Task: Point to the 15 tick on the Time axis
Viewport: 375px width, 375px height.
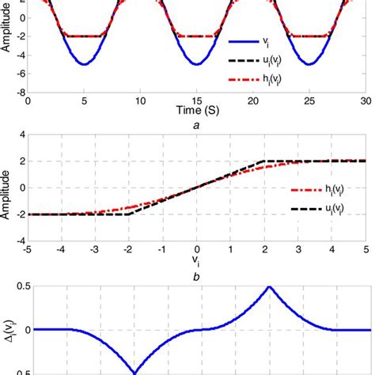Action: tap(196, 102)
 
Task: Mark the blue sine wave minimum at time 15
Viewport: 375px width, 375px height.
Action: tap(196, 64)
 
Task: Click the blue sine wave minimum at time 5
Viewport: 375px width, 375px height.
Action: tap(84, 64)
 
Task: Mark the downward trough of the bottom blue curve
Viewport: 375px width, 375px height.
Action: tap(129, 372)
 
